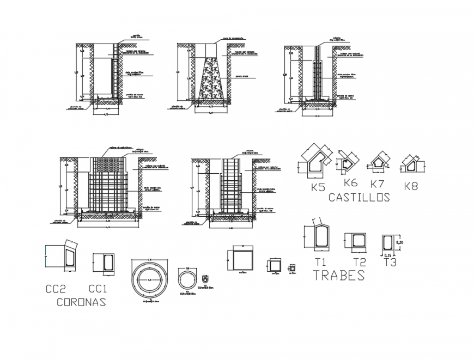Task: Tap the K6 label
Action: [350, 183]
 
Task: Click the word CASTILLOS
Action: [360, 198]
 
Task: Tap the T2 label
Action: [359, 263]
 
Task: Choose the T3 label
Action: [390, 263]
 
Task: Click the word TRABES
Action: [339, 276]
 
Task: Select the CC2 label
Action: [56, 288]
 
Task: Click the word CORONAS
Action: [81, 302]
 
